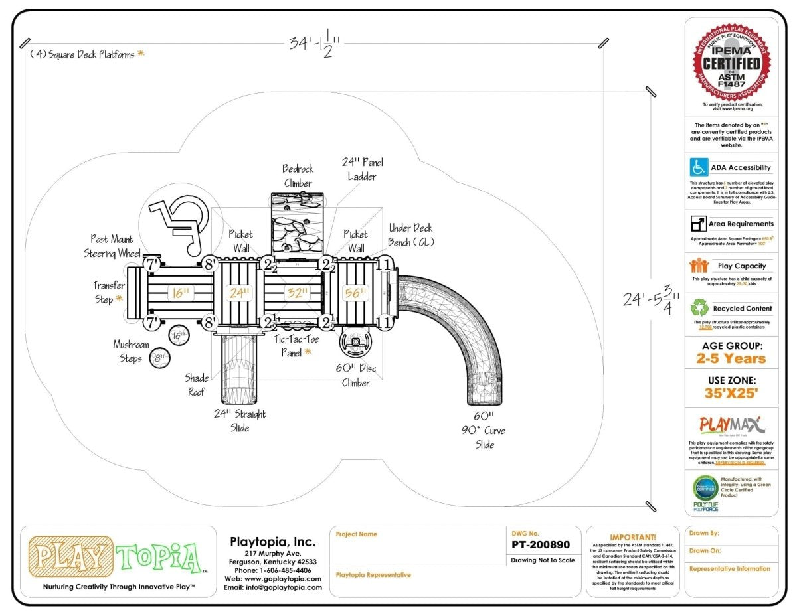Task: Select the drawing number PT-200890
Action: (x=541, y=545)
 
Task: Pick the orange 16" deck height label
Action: (x=180, y=292)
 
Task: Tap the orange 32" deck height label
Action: (x=297, y=292)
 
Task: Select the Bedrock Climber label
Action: (x=297, y=176)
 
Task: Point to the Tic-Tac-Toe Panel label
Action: (x=296, y=345)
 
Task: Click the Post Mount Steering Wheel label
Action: (x=112, y=246)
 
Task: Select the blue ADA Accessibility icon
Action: (x=698, y=167)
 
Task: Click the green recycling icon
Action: (x=699, y=308)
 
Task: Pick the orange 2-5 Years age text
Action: (x=731, y=359)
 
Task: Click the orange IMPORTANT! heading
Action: (x=632, y=537)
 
